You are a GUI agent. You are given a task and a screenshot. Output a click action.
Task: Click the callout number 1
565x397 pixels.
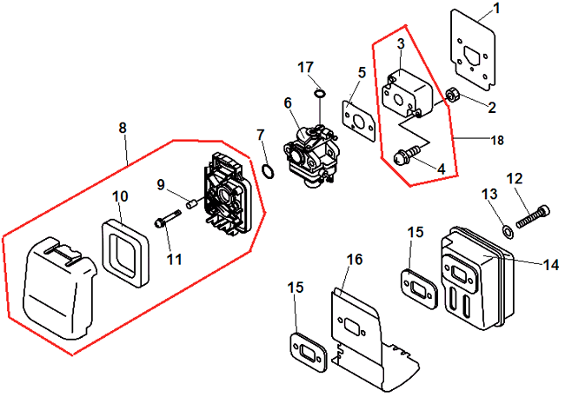495,10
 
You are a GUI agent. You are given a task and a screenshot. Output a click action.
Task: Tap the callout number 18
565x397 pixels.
496,139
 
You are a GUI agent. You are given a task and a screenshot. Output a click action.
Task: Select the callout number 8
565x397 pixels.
123,128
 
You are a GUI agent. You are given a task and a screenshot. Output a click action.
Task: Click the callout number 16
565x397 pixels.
354,260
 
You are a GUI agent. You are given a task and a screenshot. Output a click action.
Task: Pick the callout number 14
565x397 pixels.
550,263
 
